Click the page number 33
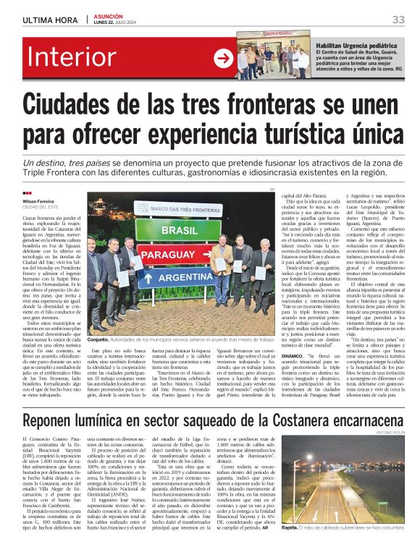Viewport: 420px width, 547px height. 398,19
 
